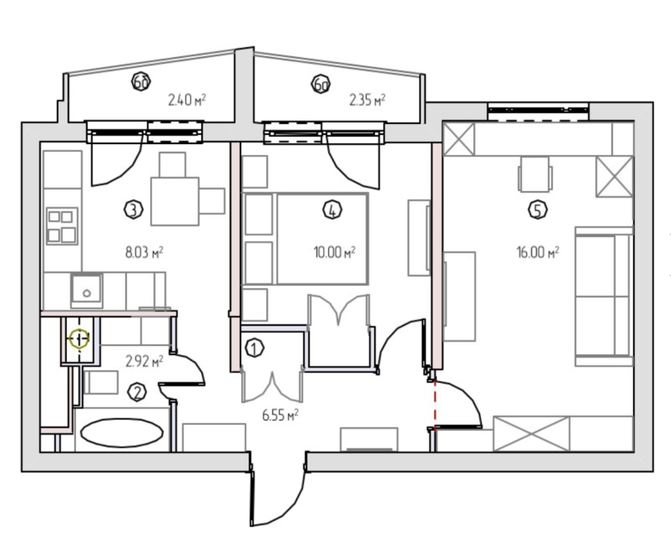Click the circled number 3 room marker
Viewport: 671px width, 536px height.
(x=133, y=210)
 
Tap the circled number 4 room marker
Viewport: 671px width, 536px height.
(x=333, y=210)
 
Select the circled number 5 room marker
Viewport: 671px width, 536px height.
(x=538, y=210)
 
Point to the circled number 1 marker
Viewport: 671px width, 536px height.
(x=254, y=348)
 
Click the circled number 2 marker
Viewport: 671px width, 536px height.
(x=137, y=393)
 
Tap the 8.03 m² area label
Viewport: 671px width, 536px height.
(x=145, y=252)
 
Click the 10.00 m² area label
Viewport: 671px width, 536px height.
(x=335, y=252)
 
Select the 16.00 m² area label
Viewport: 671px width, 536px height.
(x=538, y=252)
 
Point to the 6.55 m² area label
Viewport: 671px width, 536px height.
(x=280, y=415)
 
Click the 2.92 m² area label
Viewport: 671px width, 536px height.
(x=145, y=361)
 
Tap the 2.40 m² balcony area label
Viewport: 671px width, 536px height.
(x=187, y=100)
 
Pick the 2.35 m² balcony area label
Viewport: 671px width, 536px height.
(x=367, y=100)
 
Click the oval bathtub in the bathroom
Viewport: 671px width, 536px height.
(x=122, y=433)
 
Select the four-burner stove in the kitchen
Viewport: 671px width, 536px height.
(x=62, y=226)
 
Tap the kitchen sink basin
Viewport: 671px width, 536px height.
(x=86, y=289)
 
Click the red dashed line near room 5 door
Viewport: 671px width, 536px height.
(x=435, y=404)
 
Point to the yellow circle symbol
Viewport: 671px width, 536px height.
(x=79, y=339)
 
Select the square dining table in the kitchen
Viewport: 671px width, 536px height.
(x=175, y=202)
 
